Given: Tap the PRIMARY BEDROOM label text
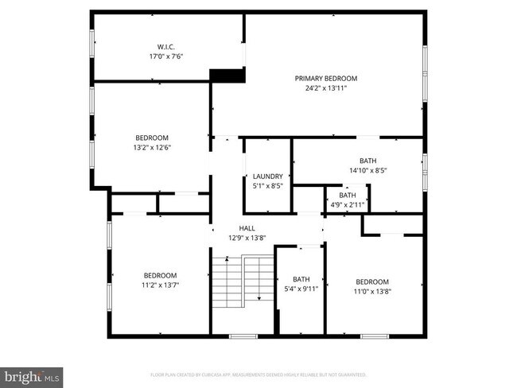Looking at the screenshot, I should coord(326,78).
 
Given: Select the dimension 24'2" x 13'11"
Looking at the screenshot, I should coord(326,88).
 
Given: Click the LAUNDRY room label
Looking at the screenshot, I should coord(267,177).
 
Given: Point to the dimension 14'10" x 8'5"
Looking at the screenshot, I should coord(367,170).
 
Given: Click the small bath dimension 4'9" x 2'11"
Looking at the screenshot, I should coord(348,205).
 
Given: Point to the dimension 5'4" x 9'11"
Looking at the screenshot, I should coord(301,289).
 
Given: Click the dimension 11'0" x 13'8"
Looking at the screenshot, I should coord(372,291).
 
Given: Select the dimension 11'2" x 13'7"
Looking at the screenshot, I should coord(159,285).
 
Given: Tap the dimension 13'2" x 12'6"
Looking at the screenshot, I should coord(151,147).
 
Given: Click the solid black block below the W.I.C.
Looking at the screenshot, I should coord(225,76).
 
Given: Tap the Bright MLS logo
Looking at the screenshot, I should coord(31,374).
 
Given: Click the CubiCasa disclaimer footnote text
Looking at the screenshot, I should coord(258,374).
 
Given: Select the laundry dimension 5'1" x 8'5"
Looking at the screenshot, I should coord(267,187).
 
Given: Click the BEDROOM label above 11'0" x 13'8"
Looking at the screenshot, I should coord(372,281).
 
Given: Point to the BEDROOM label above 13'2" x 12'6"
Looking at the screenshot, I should coord(151,137).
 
